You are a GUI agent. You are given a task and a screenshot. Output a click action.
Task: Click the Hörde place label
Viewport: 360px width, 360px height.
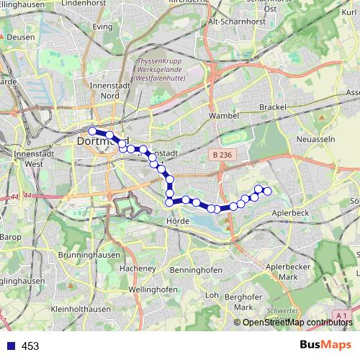(x=177, y=221)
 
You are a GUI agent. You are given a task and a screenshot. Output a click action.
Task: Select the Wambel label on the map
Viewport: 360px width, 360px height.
(x=222, y=114)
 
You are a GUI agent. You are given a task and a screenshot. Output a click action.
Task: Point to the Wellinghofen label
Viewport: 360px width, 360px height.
(x=153, y=289)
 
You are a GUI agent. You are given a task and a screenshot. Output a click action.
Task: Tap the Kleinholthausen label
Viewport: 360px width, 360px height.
(x=81, y=309)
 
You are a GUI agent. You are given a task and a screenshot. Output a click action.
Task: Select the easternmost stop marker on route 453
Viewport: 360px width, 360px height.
(x=267, y=191)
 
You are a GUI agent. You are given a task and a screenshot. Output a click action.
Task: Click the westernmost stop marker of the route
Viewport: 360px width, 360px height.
(x=92, y=130)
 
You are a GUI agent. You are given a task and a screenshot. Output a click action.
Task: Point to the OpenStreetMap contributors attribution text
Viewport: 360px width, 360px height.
(x=297, y=323)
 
